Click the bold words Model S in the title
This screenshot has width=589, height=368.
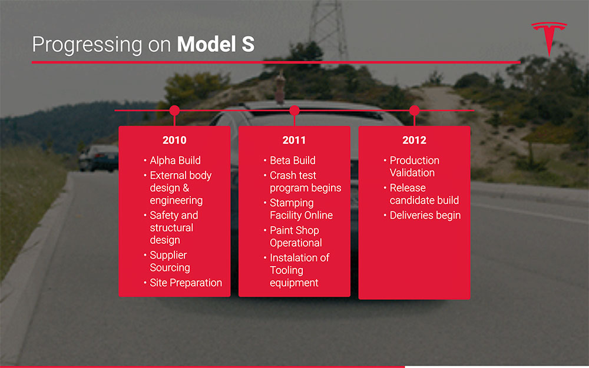[x=216, y=44]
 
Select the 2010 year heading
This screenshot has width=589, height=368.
[x=174, y=140]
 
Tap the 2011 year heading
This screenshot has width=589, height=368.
[x=294, y=140]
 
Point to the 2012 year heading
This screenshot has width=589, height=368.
[x=414, y=140]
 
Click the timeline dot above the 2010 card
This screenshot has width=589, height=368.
[x=174, y=110]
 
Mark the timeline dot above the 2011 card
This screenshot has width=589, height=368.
[x=294, y=110]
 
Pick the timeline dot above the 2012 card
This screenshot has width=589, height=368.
[x=414, y=110]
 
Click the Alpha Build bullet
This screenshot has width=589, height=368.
[x=175, y=160]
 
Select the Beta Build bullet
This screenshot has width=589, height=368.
[x=292, y=160]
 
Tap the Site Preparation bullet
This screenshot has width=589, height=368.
[x=186, y=283]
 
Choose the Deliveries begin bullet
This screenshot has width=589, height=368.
[x=425, y=216]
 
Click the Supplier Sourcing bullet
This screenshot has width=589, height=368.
[x=170, y=261]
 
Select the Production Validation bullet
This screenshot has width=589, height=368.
[x=414, y=167]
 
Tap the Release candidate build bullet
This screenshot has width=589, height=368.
[x=423, y=194]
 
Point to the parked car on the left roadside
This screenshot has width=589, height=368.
[x=98, y=157]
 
